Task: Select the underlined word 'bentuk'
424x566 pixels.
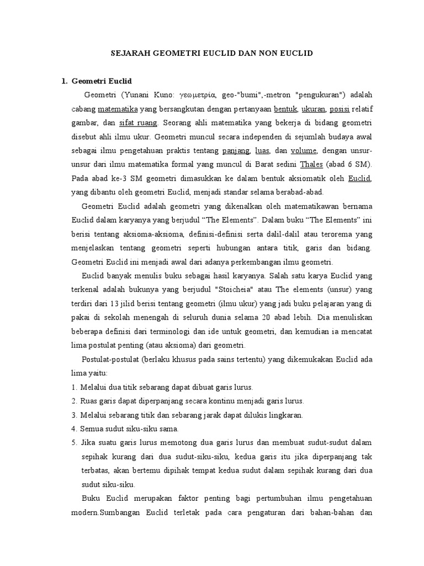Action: (x=285, y=108)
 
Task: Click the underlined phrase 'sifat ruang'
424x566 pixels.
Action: (x=139, y=122)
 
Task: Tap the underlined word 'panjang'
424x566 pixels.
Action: (x=236, y=150)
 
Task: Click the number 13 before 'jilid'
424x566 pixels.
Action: (x=115, y=303)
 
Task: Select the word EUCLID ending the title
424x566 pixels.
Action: (x=298, y=54)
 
